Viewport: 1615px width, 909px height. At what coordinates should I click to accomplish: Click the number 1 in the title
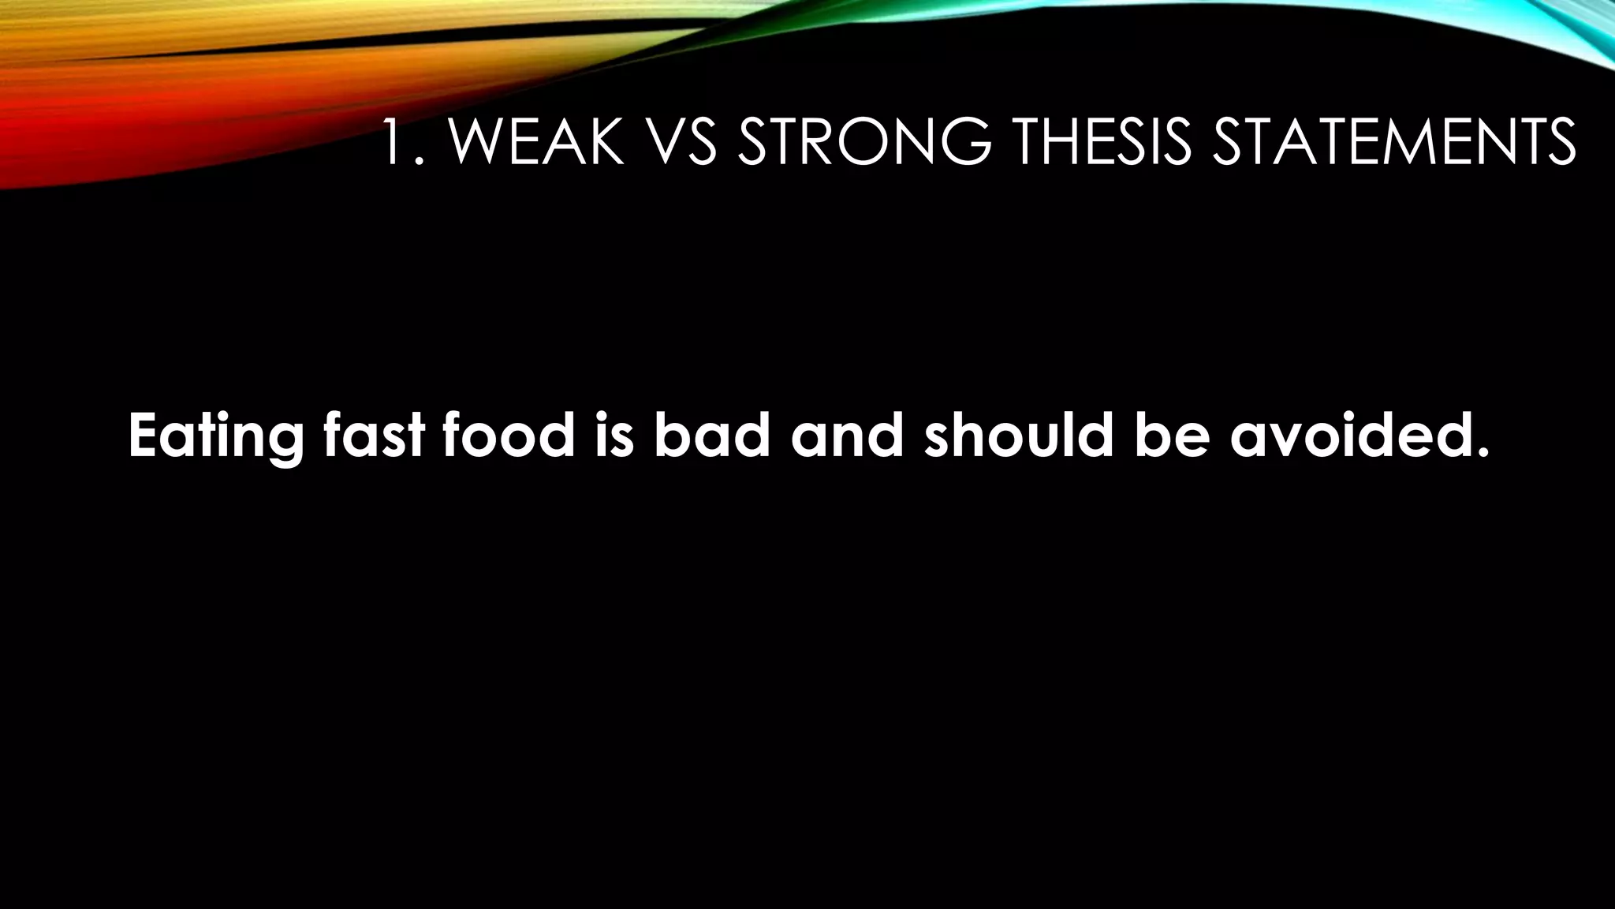(393, 143)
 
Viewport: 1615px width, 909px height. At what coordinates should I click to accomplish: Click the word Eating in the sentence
(215, 436)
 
